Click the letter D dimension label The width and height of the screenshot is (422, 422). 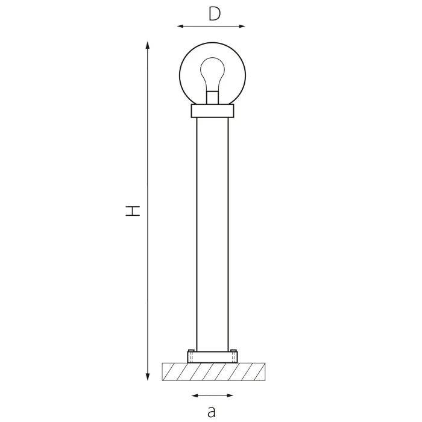[215, 13]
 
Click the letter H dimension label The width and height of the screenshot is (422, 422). [133, 210]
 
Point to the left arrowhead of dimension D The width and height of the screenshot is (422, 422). [180, 26]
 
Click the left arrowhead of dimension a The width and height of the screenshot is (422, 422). [194, 395]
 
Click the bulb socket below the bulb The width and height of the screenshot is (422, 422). [212, 98]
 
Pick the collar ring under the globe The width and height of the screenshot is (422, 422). [212, 111]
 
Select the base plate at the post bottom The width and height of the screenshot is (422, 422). [212, 357]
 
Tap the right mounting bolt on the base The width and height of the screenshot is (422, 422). [233, 356]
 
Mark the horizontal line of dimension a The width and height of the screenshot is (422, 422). [212, 395]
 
